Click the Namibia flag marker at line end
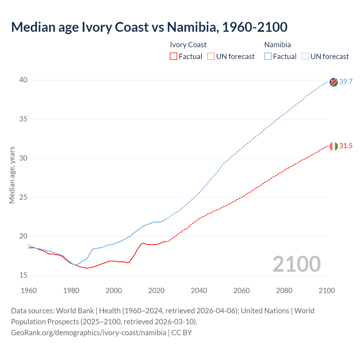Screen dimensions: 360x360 tap(334, 82)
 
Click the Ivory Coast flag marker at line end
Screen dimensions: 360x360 tap(334, 146)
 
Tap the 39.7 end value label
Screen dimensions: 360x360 tap(346, 82)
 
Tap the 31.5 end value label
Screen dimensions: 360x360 tap(346, 146)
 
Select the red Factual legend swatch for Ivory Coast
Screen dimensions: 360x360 tap(174, 57)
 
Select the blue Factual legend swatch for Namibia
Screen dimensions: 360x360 tap(268, 57)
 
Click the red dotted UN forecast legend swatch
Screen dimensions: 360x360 tap(211, 57)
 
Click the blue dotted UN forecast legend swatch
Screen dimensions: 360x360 tap(305, 57)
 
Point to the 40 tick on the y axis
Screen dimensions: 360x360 tap(23, 80)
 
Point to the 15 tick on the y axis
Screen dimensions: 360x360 tap(23, 275)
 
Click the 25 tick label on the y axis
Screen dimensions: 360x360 tap(23, 197)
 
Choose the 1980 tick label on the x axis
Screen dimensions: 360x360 tap(71, 291)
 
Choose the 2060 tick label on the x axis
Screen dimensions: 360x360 tap(241, 291)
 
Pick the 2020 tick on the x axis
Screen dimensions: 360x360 tap(156, 291)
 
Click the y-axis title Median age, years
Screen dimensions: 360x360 tap(12, 175)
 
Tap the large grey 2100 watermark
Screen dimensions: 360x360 tap(296, 264)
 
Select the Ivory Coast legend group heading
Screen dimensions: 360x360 tap(188, 45)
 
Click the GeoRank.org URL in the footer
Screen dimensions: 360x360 tap(89, 333)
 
